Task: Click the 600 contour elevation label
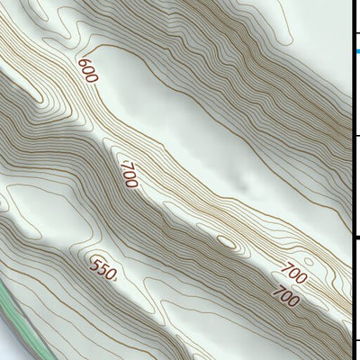[87, 71]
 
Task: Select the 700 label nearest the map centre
[129, 173]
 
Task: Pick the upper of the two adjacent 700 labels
[293, 273]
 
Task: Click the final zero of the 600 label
[92, 78]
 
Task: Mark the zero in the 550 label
[112, 274]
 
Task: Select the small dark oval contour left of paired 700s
[226, 242]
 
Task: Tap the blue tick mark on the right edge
[356, 53]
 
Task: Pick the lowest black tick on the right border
[356, 340]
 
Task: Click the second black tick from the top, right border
[356, 136]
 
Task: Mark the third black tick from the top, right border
[356, 238]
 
